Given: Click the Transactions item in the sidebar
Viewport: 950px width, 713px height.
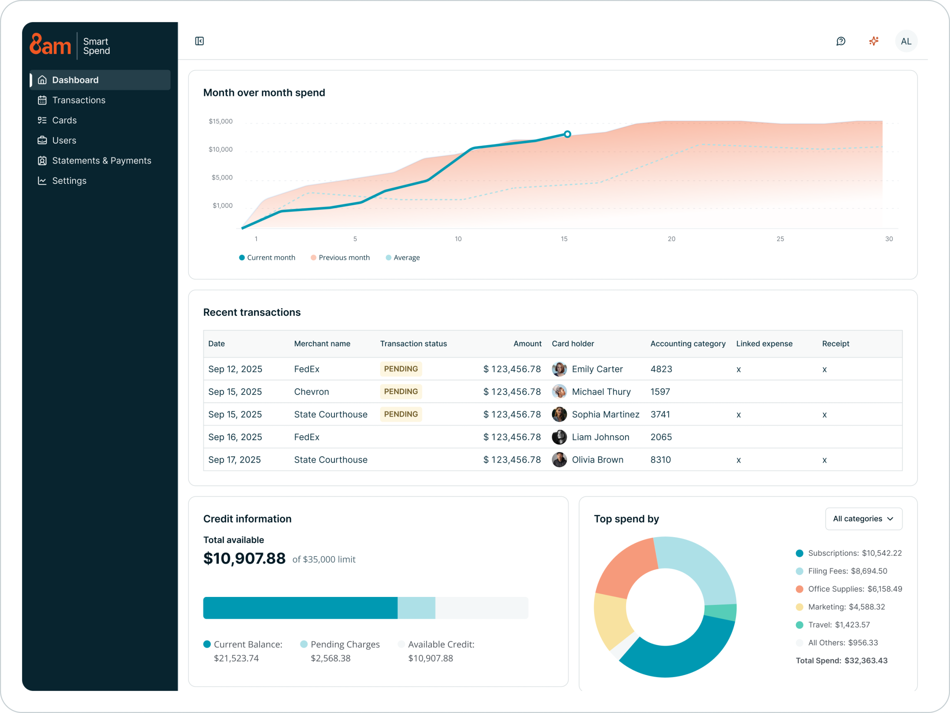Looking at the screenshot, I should pyautogui.click(x=79, y=100).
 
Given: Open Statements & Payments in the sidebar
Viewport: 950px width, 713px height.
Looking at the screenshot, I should pyautogui.click(x=101, y=161).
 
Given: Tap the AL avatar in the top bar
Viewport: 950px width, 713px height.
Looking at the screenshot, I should pyautogui.click(x=906, y=41).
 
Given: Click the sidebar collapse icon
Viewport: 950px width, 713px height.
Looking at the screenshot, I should pyautogui.click(x=199, y=41).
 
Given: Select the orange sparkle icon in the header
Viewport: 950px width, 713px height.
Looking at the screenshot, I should pyautogui.click(x=874, y=41).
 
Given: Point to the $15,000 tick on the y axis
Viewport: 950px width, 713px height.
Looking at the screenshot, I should pyautogui.click(x=220, y=121).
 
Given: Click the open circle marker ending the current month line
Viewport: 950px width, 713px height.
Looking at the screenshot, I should pyautogui.click(x=567, y=134).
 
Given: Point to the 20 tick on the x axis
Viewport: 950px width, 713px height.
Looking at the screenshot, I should pyautogui.click(x=671, y=239).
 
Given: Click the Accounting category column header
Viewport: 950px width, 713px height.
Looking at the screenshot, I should pyautogui.click(x=688, y=344).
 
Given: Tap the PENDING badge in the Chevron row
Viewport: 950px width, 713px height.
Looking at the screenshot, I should pyautogui.click(x=401, y=391).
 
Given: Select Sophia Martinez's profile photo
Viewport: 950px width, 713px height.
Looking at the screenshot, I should pyautogui.click(x=559, y=414).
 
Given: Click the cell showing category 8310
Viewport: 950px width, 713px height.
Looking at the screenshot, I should pyautogui.click(x=661, y=460).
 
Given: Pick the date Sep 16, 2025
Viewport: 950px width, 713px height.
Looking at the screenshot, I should pyautogui.click(x=235, y=437).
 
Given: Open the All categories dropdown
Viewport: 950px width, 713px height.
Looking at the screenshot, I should pyautogui.click(x=863, y=519).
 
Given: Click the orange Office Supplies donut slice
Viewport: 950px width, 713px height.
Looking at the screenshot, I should pyautogui.click(x=627, y=567).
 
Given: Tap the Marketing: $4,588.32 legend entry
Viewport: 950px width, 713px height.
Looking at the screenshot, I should pyautogui.click(x=846, y=607).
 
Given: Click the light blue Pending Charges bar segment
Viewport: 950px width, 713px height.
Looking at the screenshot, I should pyautogui.click(x=416, y=608).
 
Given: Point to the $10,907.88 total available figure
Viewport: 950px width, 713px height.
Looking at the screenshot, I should pyautogui.click(x=244, y=558).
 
